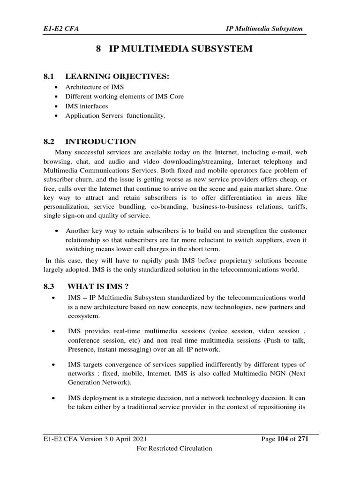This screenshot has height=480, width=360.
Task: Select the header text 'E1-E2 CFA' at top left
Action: (58, 29)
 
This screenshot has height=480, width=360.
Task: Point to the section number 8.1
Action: (49, 76)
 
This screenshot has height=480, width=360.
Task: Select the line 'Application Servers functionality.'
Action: (115, 115)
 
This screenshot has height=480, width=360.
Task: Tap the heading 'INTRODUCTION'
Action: (101, 141)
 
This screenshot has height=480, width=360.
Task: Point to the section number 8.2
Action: (49, 141)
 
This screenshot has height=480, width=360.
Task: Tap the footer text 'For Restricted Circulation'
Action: (174, 449)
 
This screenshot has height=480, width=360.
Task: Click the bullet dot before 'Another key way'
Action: (56, 231)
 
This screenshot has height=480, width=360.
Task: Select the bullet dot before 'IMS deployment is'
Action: (56, 398)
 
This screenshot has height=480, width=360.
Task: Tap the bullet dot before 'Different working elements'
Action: (56, 97)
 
